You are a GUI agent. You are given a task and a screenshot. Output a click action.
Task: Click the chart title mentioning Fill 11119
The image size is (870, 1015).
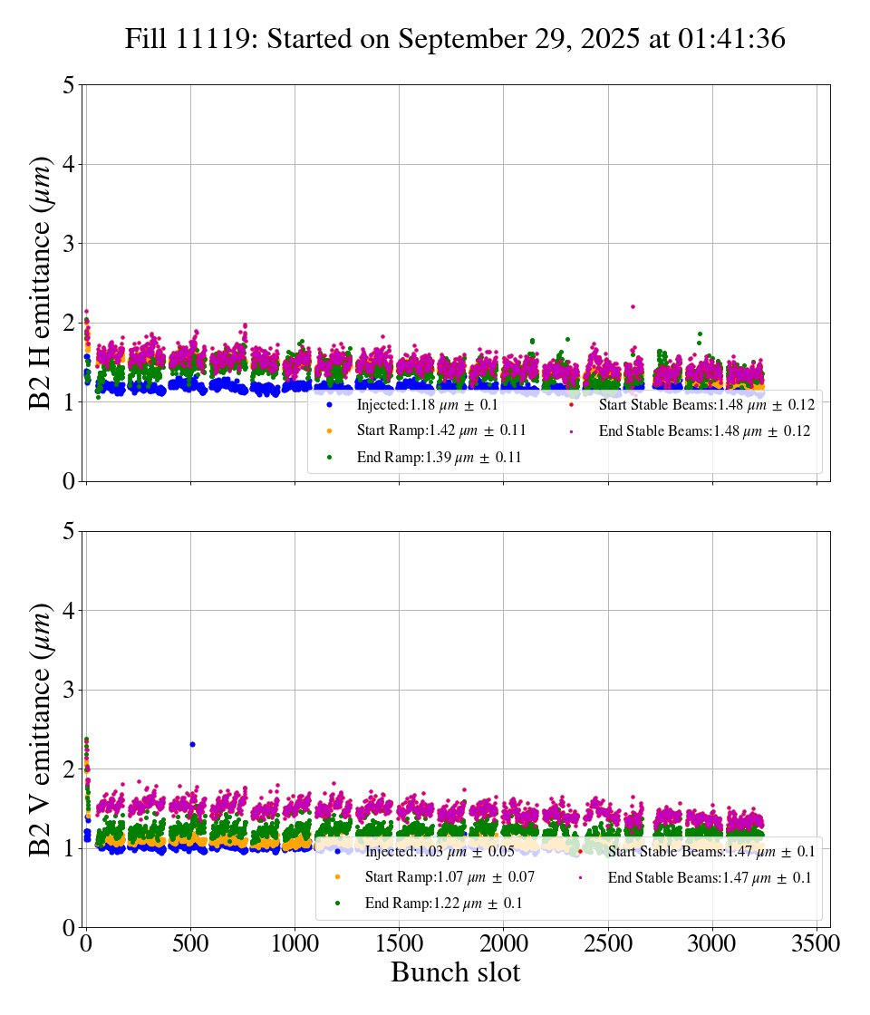(455, 39)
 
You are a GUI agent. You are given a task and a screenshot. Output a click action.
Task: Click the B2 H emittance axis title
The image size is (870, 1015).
(40, 283)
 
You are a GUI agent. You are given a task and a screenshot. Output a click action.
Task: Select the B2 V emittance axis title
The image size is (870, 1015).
(40, 729)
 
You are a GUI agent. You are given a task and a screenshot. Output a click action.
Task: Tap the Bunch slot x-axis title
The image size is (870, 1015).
(455, 972)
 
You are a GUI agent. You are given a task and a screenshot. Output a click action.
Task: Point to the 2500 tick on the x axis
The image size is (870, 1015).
(608, 942)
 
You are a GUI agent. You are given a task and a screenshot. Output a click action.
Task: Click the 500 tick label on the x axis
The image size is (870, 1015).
(190, 942)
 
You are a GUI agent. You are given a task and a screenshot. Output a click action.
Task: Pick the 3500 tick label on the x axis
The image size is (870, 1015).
(817, 942)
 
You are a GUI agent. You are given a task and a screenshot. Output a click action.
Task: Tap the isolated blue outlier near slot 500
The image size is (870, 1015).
(192, 744)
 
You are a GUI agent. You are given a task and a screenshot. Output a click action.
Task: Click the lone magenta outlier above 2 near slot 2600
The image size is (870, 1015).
(633, 306)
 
